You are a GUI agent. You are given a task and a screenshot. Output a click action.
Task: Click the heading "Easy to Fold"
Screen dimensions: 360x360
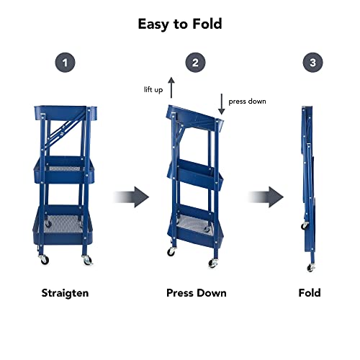pos(180,24)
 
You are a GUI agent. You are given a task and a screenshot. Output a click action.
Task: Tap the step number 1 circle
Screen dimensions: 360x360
pos(65,63)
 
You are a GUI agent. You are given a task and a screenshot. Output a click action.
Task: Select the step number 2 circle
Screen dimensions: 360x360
pos(195,63)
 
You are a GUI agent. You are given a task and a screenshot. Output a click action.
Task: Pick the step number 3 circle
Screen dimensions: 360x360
pos(312,63)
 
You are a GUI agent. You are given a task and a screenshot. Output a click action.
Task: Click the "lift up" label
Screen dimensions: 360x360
pos(153,90)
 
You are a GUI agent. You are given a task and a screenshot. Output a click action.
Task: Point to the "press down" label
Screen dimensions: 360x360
pos(247,102)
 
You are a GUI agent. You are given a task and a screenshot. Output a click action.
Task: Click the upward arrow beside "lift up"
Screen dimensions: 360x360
pos(171,87)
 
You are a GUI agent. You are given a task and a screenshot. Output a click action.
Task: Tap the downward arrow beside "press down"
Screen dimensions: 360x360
pos(222,104)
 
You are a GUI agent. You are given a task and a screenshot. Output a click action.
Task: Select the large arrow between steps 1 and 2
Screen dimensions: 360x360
pos(131,197)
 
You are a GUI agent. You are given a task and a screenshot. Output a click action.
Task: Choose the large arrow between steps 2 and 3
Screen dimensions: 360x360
pos(266,197)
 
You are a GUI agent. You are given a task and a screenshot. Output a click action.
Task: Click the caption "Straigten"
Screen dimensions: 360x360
pos(65,293)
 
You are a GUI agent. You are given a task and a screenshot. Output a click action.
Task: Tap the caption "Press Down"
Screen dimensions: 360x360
pos(197,293)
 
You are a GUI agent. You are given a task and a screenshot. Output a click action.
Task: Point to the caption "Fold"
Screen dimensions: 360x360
pos(310,293)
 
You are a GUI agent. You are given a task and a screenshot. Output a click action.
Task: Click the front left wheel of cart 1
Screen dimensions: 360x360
pos(44,260)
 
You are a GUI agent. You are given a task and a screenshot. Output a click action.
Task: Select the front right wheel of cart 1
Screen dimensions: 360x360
pos(87,261)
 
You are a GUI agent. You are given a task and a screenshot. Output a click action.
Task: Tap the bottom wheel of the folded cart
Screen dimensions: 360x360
pos(311,267)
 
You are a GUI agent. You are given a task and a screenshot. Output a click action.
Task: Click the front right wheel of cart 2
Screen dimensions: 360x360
pos(213,264)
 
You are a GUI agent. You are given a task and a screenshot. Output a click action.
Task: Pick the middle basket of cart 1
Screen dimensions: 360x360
pos(64,170)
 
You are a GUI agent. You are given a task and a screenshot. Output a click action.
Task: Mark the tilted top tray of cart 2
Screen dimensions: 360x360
pos(195,117)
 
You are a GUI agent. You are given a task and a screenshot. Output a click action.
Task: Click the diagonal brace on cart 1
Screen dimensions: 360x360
pos(65,132)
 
